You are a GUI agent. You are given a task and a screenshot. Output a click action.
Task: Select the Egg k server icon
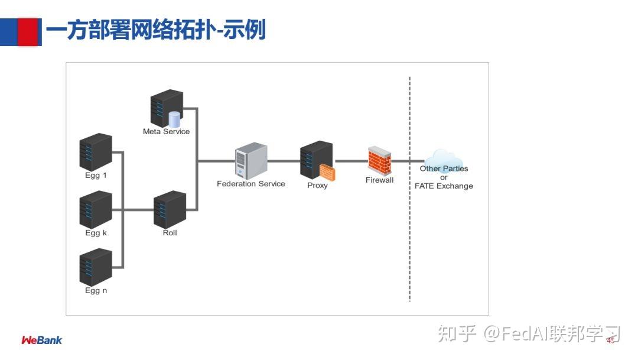tap(96, 209)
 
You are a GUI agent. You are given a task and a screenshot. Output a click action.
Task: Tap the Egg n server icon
tap(96, 267)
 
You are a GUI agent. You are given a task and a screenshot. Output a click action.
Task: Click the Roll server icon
tap(170, 209)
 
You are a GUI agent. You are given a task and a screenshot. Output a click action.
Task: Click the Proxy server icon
tap(316, 160)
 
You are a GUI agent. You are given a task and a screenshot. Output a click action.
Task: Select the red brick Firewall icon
tap(379, 160)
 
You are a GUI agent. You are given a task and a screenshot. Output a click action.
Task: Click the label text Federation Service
tap(251, 184)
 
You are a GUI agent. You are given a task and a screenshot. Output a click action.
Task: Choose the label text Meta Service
tap(166, 131)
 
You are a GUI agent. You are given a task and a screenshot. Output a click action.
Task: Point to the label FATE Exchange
tap(444, 186)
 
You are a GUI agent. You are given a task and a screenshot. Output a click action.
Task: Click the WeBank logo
tap(41, 340)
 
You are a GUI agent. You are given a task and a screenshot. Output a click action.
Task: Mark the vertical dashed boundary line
tap(409, 189)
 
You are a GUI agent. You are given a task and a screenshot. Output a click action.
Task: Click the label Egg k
tap(96, 233)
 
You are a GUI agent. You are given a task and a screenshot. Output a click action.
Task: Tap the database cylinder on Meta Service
tap(174, 119)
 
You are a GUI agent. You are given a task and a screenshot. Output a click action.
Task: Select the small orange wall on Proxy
tap(328, 172)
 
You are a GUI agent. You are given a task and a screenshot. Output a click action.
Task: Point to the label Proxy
tap(317, 186)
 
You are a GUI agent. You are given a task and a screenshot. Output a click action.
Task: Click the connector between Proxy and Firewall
tap(351, 160)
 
